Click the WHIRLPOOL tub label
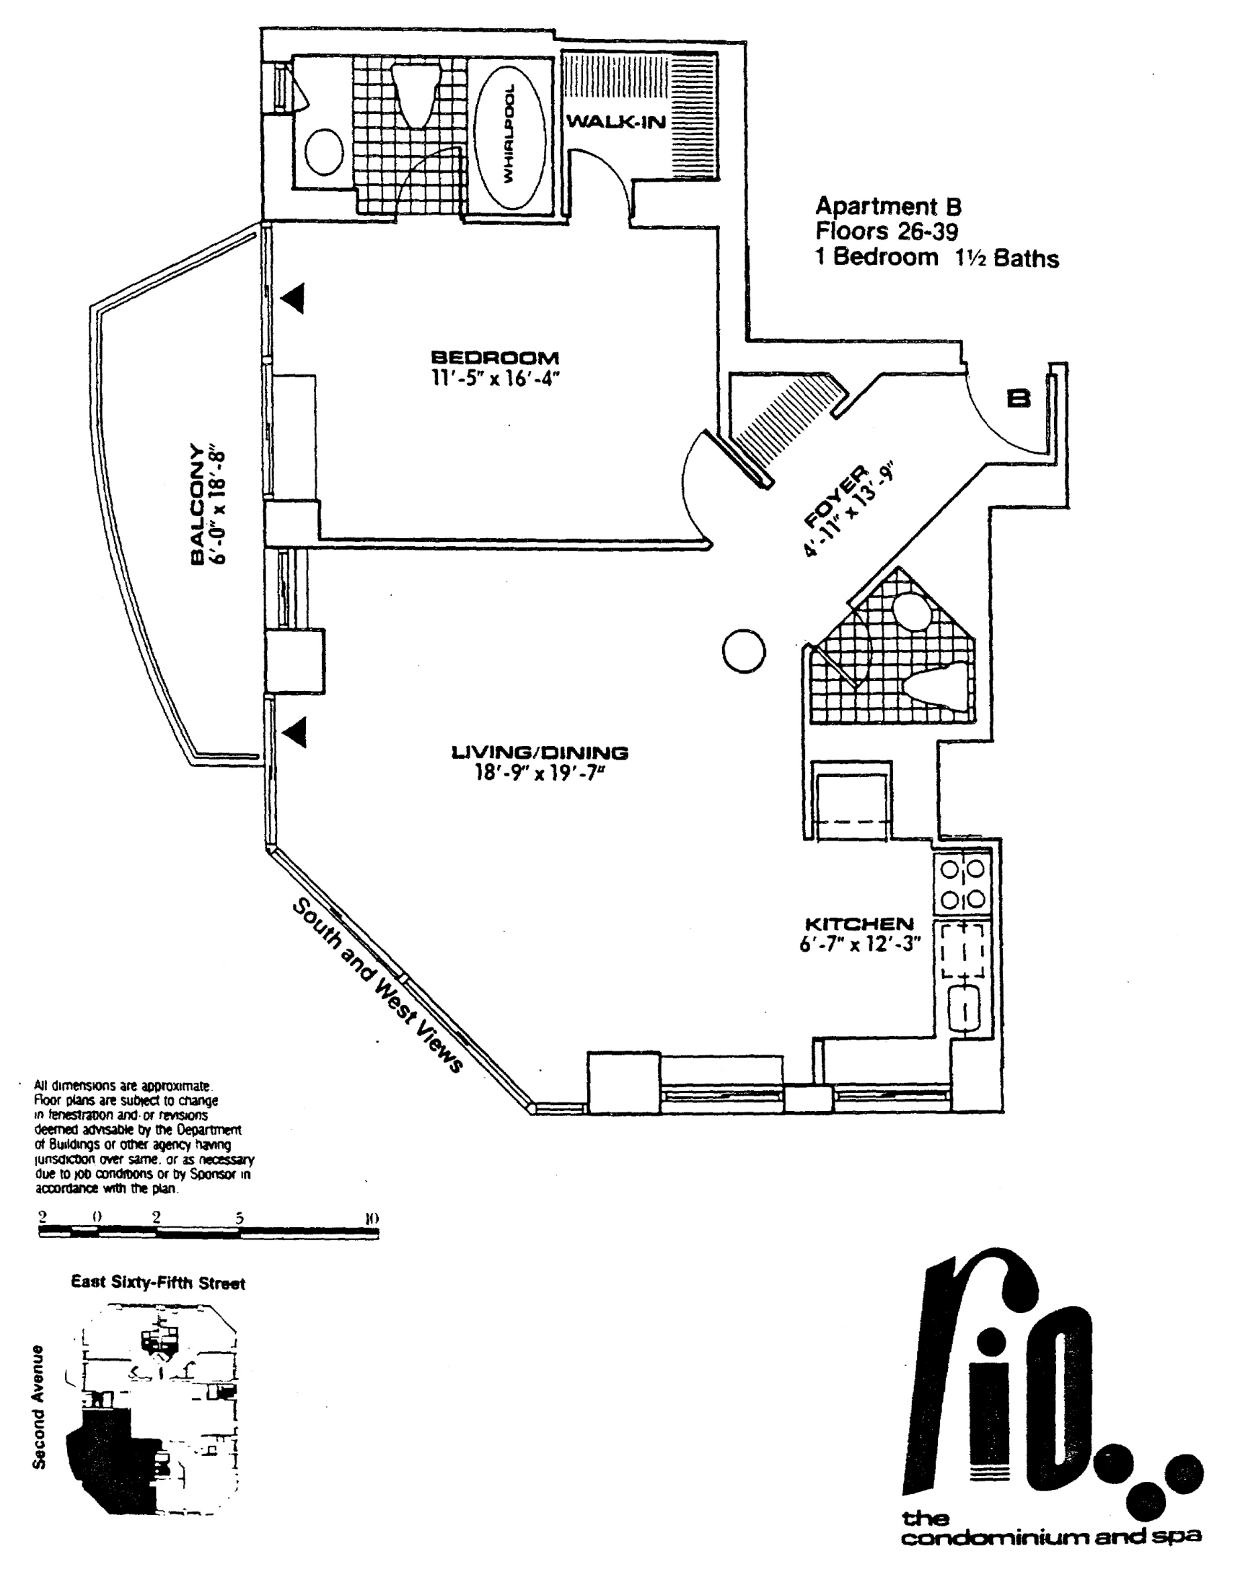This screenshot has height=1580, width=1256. (x=509, y=134)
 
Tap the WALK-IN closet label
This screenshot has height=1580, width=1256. (x=616, y=122)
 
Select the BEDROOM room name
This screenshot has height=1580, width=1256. (x=495, y=358)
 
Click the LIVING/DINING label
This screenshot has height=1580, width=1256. (x=540, y=752)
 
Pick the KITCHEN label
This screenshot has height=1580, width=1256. (x=859, y=923)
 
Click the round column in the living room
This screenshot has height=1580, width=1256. (x=744, y=651)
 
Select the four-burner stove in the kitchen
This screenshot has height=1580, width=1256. (x=962, y=884)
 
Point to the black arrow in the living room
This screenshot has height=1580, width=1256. (x=293, y=732)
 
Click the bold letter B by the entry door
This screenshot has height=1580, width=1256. (x=1019, y=398)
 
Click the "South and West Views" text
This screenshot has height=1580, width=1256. (x=378, y=986)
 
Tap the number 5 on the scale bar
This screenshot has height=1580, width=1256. (x=240, y=1218)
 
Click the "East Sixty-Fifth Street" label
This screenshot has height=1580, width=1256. (x=157, y=1283)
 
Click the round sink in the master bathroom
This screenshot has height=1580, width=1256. (x=324, y=152)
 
